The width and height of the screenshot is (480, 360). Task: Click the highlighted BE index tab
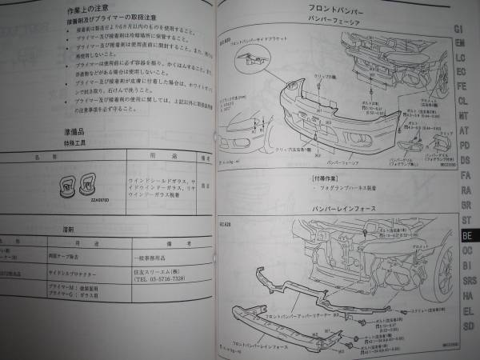click(466, 237)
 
